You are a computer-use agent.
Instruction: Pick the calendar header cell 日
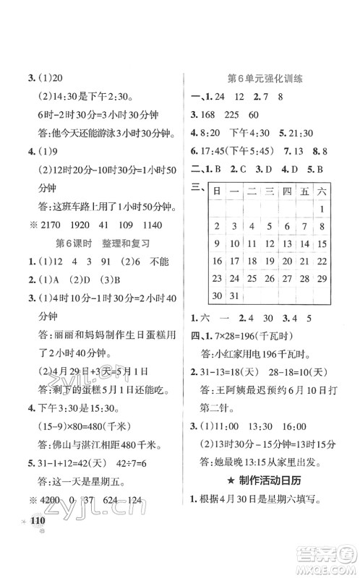[216, 191]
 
